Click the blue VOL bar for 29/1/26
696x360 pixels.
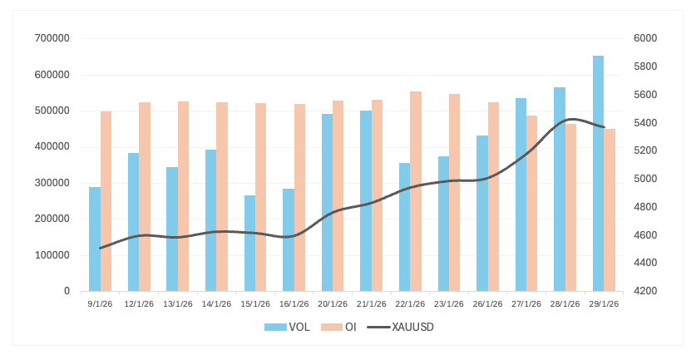pyautogui.click(x=598, y=174)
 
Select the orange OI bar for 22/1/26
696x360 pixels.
pyautogui.click(x=416, y=191)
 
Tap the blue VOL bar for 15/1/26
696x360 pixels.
pyautogui.click(x=249, y=244)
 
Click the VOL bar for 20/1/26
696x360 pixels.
pyautogui.click(x=327, y=203)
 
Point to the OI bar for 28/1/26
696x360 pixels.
pyautogui.click(x=570, y=208)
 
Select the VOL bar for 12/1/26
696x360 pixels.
pyautogui.click(x=133, y=222)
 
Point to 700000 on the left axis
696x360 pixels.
pyautogui.click(x=52, y=38)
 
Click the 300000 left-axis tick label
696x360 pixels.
pyautogui.click(x=52, y=183)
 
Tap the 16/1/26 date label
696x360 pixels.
pyautogui.click(x=294, y=303)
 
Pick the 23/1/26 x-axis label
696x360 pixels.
pyautogui.click(x=449, y=303)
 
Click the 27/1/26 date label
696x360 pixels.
pyautogui.click(x=526, y=303)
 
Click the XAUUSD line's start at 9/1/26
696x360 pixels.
pyautogui.click(x=100, y=248)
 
